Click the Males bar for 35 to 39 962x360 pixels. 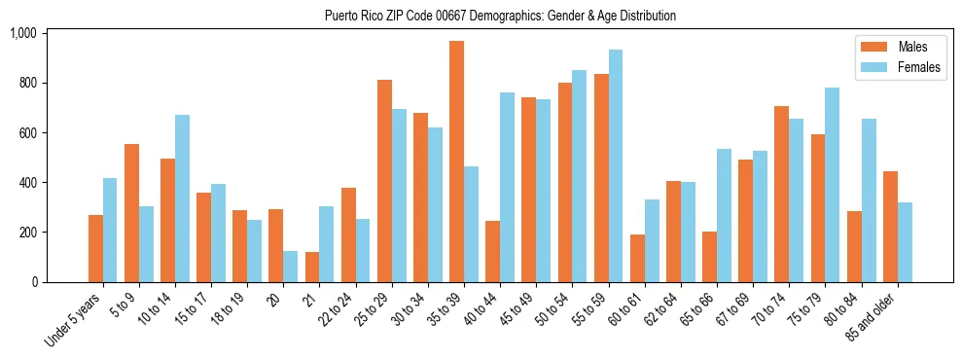coord(456,162)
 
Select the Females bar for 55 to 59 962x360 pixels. coord(616,166)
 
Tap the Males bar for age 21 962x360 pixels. coord(312,268)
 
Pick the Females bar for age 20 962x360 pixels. coord(290,267)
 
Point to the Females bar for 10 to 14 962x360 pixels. coord(182,198)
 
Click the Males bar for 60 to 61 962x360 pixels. coord(637,259)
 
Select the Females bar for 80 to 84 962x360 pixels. coord(869,200)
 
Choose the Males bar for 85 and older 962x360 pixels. coord(890,227)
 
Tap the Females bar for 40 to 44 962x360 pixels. coord(507,188)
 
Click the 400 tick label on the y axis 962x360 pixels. coord(26,183)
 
